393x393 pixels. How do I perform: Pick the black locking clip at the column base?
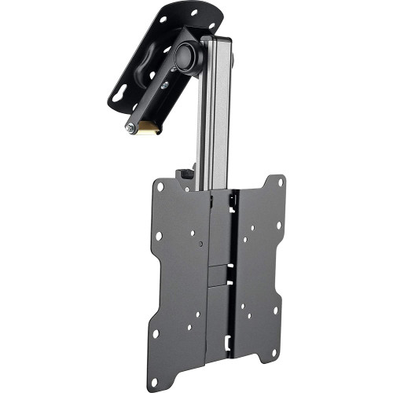(185, 175)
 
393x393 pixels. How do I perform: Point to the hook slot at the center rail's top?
(233, 203)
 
